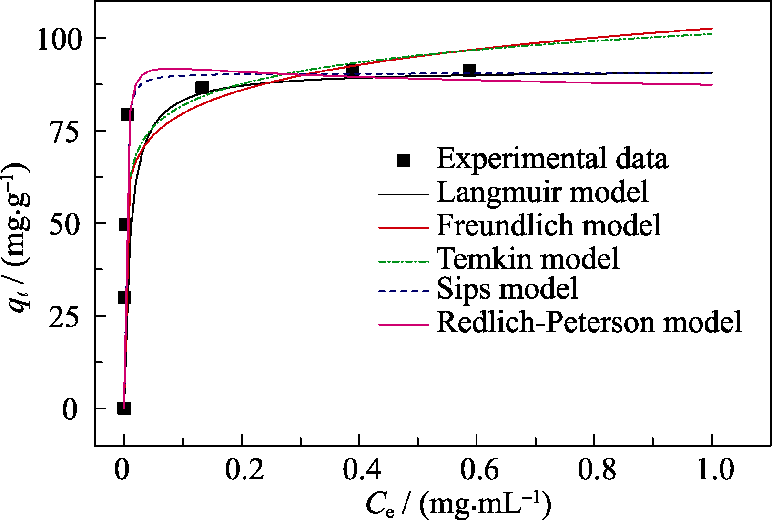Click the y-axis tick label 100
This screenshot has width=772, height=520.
click(x=60, y=39)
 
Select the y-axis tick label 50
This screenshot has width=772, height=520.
click(x=66, y=224)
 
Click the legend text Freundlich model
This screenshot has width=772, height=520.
click(x=549, y=225)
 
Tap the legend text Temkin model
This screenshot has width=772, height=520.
click(x=528, y=258)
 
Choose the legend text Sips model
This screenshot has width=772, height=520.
click(x=508, y=289)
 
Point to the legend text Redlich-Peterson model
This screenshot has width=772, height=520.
click(x=589, y=322)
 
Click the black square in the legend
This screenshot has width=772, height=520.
click(x=404, y=161)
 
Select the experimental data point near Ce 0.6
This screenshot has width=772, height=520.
click(x=469, y=71)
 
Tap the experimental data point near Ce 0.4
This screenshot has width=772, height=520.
click(x=353, y=71)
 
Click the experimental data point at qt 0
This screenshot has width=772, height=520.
click(x=124, y=408)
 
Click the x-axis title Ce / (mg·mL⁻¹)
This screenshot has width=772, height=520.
click(x=458, y=504)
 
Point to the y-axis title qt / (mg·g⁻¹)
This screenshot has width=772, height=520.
click(x=19, y=238)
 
